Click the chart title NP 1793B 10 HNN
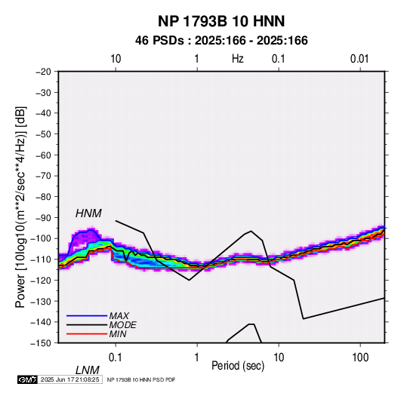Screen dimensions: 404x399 tap(221, 21)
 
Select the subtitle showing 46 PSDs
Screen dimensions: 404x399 tap(221, 41)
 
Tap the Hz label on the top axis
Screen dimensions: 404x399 tap(238, 59)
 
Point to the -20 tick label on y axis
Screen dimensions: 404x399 tap(43, 72)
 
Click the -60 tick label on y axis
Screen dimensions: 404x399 tap(43, 155)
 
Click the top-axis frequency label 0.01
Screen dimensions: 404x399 tap(359, 59)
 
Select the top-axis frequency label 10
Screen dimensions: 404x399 tap(116, 59)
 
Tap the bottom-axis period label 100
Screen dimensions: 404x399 tap(359, 358)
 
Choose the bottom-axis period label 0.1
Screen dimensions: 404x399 tap(116, 358)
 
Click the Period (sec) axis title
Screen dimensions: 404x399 tap(238, 366)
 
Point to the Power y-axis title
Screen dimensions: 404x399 tap(20, 207)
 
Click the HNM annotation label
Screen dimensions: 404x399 tap(88, 213)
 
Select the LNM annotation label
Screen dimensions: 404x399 tap(87, 370)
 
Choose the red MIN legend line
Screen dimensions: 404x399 tap(87, 334)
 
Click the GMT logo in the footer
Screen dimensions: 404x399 tap(28, 379)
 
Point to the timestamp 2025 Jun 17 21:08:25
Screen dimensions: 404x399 tap(69, 379)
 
